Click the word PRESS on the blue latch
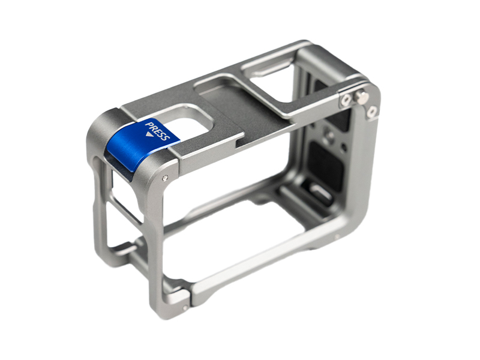coord(157,131)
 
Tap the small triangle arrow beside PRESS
coord(149,134)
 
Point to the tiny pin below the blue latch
coord(166,177)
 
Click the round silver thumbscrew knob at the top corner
coord(361,97)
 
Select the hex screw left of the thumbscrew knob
coord(347,99)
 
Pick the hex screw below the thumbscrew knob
coord(372,112)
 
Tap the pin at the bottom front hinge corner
coord(184,308)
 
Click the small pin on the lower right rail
coord(337,236)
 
